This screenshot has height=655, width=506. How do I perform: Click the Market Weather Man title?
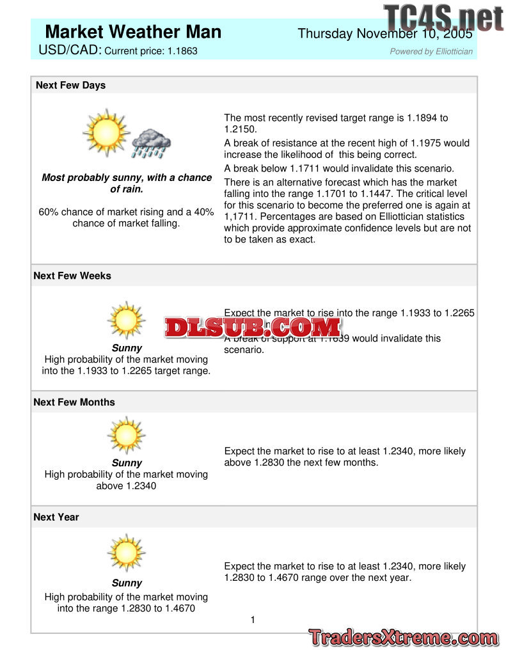pyautogui.click(x=133, y=32)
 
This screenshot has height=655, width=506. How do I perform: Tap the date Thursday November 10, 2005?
pyautogui.click(x=385, y=34)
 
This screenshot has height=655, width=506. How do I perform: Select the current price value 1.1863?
pyautogui.click(x=182, y=51)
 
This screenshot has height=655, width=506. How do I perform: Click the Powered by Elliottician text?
pyautogui.click(x=431, y=52)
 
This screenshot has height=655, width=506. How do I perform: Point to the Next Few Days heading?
pyautogui.click(x=70, y=85)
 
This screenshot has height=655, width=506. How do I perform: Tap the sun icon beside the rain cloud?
pyautogui.click(x=106, y=132)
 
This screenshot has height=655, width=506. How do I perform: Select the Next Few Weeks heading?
pyautogui.click(x=72, y=276)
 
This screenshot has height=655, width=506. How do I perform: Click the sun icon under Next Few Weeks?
pyautogui.click(x=126, y=319)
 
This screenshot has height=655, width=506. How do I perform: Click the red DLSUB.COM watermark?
pyautogui.click(x=253, y=327)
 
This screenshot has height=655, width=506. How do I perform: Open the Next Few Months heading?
pyautogui.click(x=74, y=402)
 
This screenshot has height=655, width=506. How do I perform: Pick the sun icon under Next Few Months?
pyautogui.click(x=126, y=435)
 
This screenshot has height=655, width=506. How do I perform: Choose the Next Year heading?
pyautogui.click(x=56, y=517)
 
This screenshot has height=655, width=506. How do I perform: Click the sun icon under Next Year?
pyautogui.click(x=126, y=553)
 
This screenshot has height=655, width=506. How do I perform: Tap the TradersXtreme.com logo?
pyautogui.click(x=403, y=638)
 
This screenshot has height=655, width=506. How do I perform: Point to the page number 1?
pyautogui.click(x=253, y=619)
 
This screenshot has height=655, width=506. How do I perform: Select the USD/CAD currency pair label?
pyautogui.click(x=70, y=50)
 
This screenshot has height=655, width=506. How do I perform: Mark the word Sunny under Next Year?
pyautogui.click(x=127, y=583)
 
